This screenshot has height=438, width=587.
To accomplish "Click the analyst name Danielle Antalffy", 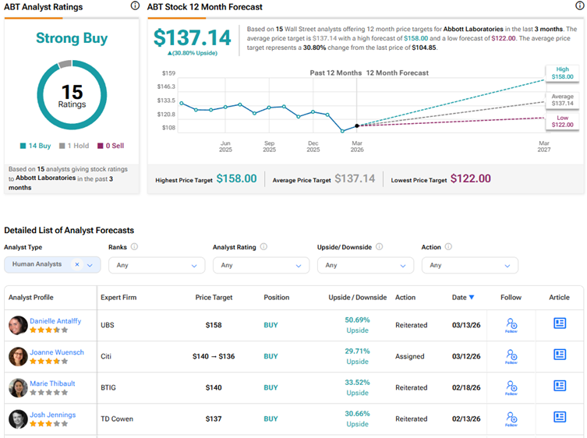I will [x=55, y=321].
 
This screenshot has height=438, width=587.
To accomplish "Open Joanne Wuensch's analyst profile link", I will [x=57, y=352].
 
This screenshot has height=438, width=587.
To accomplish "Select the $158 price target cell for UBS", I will [x=214, y=325].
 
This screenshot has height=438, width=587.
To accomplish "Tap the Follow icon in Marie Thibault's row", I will [x=511, y=387].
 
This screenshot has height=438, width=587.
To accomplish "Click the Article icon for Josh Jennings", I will [x=560, y=419].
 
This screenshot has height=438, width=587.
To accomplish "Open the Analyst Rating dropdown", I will [x=260, y=265].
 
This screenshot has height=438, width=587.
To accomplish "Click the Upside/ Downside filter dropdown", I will [x=365, y=265].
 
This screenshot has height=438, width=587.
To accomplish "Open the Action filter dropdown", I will [x=469, y=265].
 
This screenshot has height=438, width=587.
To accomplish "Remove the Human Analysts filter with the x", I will [x=77, y=265].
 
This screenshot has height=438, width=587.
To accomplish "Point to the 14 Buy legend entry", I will [x=37, y=146].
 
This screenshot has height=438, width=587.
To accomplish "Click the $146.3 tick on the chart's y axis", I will [x=166, y=87].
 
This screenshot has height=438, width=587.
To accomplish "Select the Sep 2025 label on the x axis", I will [x=269, y=147].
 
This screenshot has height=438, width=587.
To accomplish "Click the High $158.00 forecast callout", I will [x=562, y=73].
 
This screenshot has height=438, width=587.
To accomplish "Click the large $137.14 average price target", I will [x=193, y=38].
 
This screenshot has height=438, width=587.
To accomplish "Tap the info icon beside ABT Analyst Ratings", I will [x=135, y=6].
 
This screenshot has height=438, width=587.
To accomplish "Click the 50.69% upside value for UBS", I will [x=357, y=320].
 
